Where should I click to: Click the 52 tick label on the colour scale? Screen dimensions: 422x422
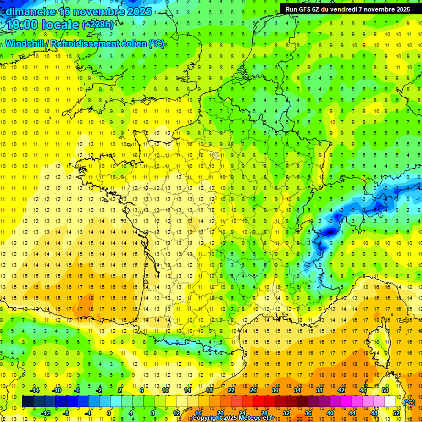[396, 413]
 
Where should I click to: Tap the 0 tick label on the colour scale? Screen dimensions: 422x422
[109, 413]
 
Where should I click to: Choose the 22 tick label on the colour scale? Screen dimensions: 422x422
[231, 390]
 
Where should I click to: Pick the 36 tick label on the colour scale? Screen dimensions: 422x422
[308, 413]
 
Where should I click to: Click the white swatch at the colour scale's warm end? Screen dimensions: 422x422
[391, 402]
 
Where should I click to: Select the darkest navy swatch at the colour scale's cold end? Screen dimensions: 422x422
[27, 402]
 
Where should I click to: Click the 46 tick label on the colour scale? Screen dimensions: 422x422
[363, 390]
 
